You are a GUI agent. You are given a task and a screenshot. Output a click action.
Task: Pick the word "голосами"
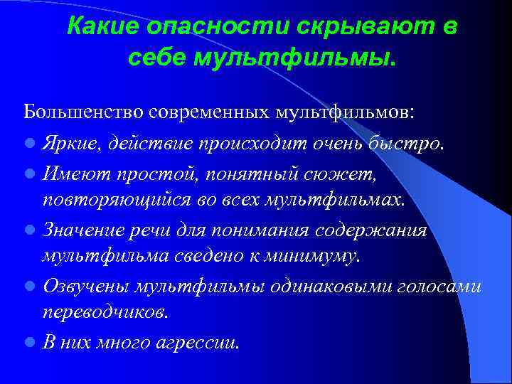(x=439, y=286)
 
